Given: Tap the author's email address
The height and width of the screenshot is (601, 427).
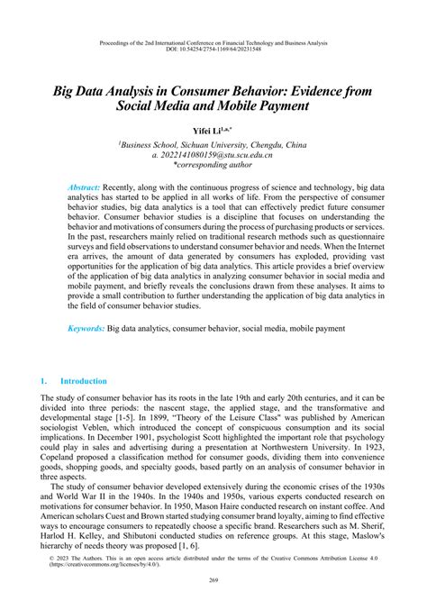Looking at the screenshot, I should point(210,156).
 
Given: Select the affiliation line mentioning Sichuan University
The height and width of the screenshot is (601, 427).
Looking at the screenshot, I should point(213,144).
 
